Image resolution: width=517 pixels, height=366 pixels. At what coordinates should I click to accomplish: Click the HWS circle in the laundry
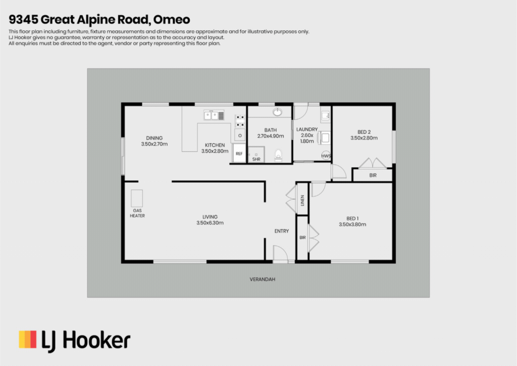pos(326,155)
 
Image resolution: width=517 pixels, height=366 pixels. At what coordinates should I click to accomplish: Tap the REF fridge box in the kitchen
pos(239,153)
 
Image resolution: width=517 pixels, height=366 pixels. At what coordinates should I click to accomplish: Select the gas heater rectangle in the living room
pos(137,198)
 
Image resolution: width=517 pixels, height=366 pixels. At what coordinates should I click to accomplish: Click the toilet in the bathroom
pos(278,156)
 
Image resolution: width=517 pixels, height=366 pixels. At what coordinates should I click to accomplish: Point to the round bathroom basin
pos(277,112)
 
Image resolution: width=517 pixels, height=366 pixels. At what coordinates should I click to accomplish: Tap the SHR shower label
pos(256,159)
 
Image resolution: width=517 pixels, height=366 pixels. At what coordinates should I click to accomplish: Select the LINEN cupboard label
pos(302,200)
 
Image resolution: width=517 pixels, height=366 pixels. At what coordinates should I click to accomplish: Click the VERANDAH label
pos(263,279)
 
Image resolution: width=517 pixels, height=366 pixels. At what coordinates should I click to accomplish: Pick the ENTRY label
pos(282,231)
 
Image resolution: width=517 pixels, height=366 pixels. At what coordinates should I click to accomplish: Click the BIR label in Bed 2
pos(373,175)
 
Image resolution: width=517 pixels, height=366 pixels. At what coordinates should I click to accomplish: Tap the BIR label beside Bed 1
pos(303,237)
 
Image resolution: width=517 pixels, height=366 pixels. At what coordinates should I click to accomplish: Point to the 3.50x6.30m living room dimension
pos(210,223)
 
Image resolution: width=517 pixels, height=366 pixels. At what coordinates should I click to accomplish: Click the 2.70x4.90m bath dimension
pos(271,136)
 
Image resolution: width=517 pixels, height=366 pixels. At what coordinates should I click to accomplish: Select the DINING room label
pos(154,138)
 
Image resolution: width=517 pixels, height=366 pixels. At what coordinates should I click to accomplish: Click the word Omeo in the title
pos(172,20)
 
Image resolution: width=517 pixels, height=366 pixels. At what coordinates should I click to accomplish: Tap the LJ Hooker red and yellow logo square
pos(28,339)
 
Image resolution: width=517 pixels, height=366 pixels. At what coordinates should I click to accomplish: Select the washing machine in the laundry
pos(325,138)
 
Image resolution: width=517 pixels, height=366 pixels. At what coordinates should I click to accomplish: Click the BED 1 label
pos(352,218)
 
